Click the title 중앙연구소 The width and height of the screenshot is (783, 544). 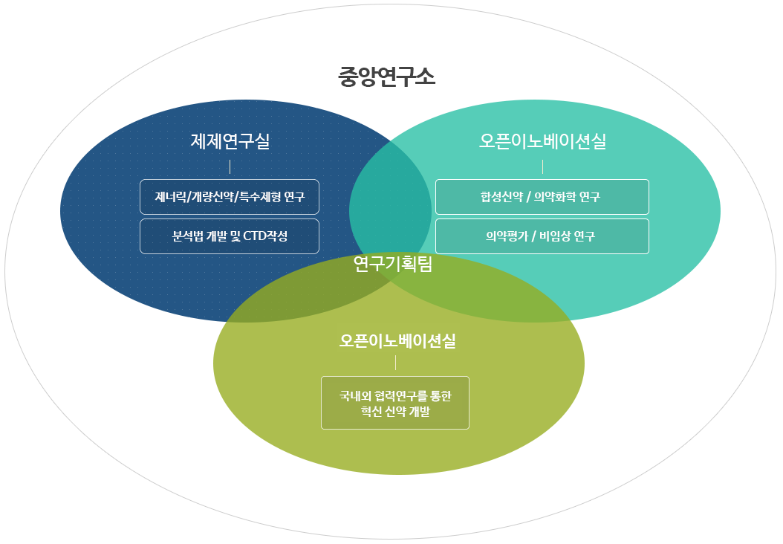tap(386, 77)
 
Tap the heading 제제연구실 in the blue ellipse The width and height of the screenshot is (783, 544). tap(230, 141)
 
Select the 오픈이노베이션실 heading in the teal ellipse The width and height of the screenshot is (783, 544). tap(542, 141)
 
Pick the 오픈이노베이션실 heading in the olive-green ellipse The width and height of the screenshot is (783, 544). tap(397, 340)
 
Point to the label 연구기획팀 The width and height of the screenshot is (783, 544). tap(392, 264)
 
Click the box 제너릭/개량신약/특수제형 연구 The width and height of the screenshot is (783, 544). tap(230, 197)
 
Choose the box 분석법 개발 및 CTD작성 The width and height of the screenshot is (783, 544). tap(230, 236)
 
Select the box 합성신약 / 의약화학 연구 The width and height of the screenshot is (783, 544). tap(542, 197)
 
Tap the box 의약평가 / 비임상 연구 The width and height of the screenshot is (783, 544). tap(542, 236)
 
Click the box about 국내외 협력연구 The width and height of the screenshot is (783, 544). tap(395, 403)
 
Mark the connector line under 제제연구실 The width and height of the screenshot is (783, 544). tap(230, 167)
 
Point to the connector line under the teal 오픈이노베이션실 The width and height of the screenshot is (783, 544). tap(542, 167)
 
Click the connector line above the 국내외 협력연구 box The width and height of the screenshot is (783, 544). tap(395, 363)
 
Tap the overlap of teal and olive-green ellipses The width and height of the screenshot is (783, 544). tap(479, 299)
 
